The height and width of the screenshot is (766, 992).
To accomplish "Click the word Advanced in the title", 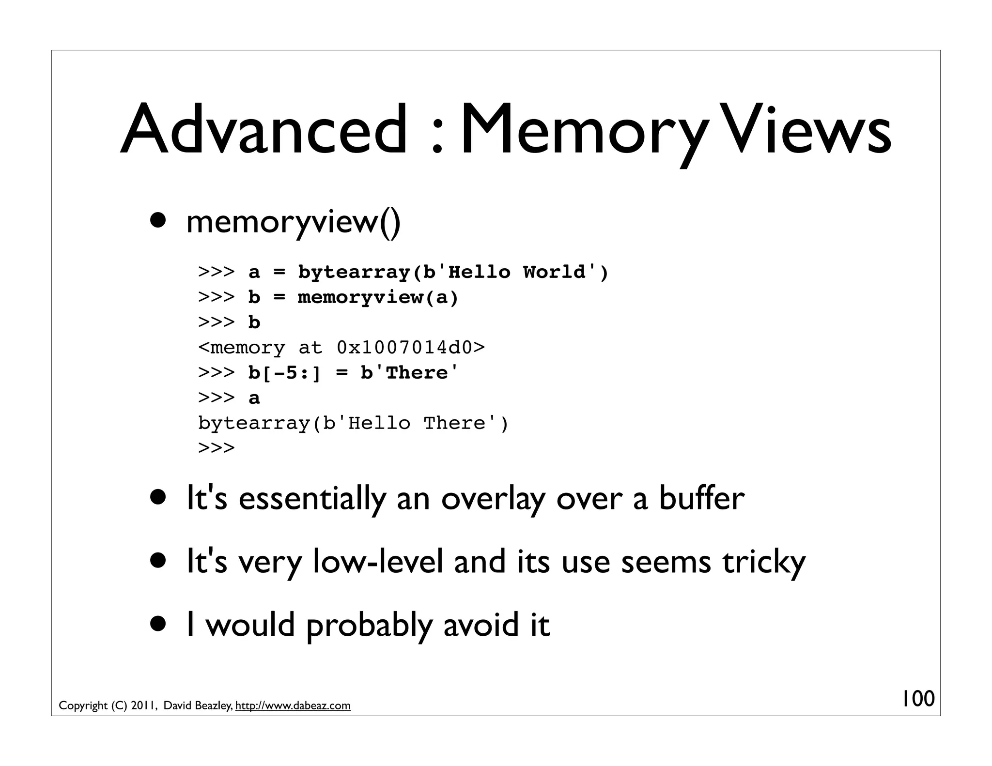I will point(264,130).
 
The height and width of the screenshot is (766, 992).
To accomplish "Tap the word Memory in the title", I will point(581,130).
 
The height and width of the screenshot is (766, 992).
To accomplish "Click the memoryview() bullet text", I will point(293,222).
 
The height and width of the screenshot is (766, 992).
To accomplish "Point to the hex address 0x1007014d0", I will point(404,348).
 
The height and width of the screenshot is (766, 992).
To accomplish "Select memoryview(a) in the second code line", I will point(377,297).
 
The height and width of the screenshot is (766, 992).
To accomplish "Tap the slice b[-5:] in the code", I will point(284,373).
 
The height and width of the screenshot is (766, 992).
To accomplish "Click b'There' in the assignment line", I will point(409,373).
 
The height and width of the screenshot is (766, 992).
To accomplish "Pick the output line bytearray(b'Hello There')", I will point(353,423).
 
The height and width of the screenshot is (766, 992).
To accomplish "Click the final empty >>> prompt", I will point(217,448).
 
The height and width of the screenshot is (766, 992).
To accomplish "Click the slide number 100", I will point(917,699).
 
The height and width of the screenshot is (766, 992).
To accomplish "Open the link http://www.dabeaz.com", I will point(293,706).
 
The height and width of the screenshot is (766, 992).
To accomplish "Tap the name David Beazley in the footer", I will point(198,706).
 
